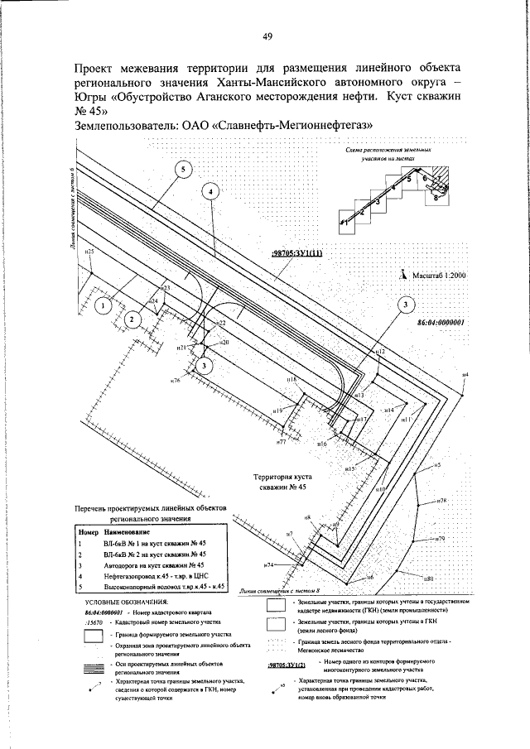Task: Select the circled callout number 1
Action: click(x=103, y=306)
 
